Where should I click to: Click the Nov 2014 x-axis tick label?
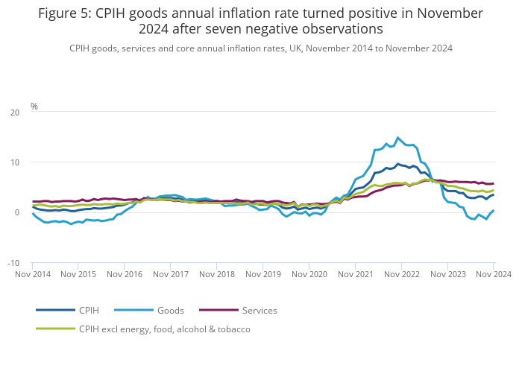[33, 274]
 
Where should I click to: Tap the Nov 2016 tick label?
[125, 274]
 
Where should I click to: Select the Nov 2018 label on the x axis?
[217, 274]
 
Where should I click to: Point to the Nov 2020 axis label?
[309, 274]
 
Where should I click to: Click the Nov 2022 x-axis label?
[401, 274]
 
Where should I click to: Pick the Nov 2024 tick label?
[493, 274]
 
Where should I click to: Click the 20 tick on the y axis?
[16, 112]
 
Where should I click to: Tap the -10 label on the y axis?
[14, 263]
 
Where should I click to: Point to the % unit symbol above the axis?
[34, 107]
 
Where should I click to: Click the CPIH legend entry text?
[89, 310]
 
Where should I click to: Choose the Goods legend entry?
[170, 310]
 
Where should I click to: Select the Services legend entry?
[260, 310]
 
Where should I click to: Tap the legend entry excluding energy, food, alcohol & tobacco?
[165, 329]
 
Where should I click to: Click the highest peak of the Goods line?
[398, 138]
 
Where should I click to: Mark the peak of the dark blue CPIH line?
[398, 164]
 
